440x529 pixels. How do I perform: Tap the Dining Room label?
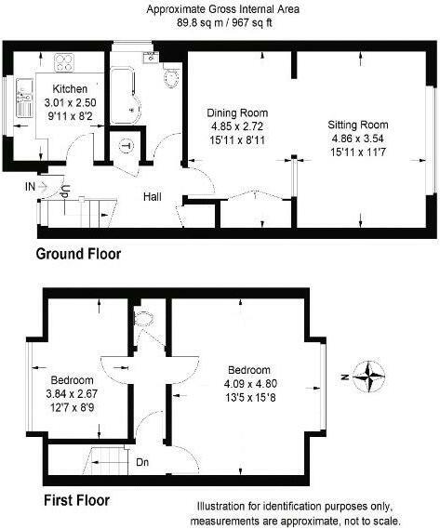pos(237,113)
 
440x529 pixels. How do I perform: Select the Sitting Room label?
pos(358,125)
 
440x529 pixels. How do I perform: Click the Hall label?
pos(154,196)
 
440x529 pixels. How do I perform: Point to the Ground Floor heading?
pos(77,253)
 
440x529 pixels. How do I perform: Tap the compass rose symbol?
pos(372,377)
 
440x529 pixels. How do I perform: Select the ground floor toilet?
pos(171,77)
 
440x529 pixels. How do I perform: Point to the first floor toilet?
pos(143,321)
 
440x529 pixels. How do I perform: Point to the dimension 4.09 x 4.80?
pos(250,383)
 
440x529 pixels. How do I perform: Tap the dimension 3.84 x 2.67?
pos(72,393)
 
